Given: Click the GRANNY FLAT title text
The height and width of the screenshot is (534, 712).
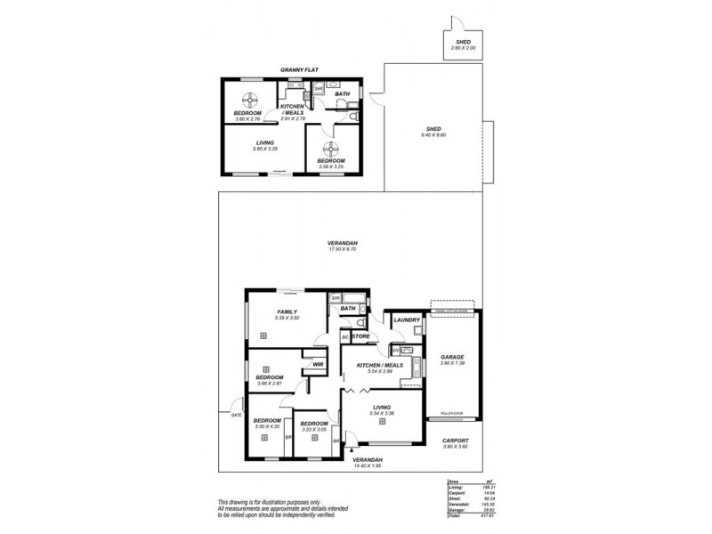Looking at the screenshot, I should click(x=299, y=69).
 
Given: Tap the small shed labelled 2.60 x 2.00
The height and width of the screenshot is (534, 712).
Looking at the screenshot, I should click(x=463, y=44).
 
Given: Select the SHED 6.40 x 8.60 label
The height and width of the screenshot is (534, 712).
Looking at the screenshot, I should click(x=434, y=131).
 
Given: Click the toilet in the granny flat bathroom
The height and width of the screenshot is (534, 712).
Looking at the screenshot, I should click(x=354, y=117).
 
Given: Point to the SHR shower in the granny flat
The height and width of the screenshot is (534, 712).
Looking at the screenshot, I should click(x=318, y=88).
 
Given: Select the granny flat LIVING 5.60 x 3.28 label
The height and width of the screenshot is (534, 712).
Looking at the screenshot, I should click(x=264, y=144).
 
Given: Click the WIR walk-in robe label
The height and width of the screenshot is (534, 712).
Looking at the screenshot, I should click(x=317, y=364).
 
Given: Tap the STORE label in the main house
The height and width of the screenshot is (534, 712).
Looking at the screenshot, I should click(x=360, y=337).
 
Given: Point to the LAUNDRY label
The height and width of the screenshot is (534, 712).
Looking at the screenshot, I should click(x=406, y=319).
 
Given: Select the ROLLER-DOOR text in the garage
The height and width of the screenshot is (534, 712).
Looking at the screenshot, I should click(x=453, y=415).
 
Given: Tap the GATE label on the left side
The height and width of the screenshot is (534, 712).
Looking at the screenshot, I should click(x=236, y=416).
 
